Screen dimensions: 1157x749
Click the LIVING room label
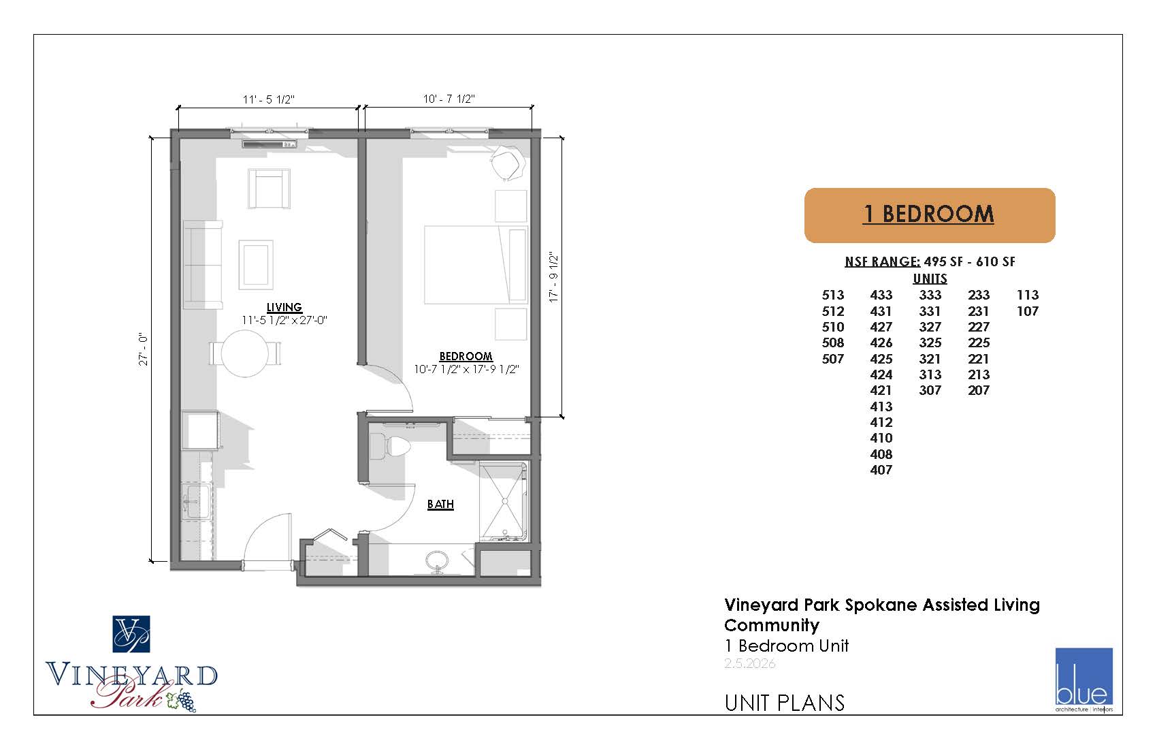point(284,308)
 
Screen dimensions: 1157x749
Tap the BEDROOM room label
point(466,357)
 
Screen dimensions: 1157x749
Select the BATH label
point(440,505)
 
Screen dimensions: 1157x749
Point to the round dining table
point(245,353)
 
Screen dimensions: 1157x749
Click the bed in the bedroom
point(476,265)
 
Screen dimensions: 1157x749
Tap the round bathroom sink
point(438,560)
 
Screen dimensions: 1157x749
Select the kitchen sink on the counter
point(197,500)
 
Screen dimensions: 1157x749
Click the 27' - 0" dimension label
point(143,349)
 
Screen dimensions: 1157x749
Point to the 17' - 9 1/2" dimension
point(554,278)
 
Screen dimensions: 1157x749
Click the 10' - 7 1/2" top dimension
point(449,99)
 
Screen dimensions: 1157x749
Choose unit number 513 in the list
point(832,295)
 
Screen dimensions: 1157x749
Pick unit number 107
point(1028,311)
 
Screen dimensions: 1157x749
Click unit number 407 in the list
point(881,470)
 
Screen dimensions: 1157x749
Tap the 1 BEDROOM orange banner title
point(929,214)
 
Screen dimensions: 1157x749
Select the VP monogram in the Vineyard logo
point(131,634)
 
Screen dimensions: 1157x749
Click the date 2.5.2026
point(749,663)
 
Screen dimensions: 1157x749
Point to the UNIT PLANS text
point(784,703)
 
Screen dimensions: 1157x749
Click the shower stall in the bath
point(504,501)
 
